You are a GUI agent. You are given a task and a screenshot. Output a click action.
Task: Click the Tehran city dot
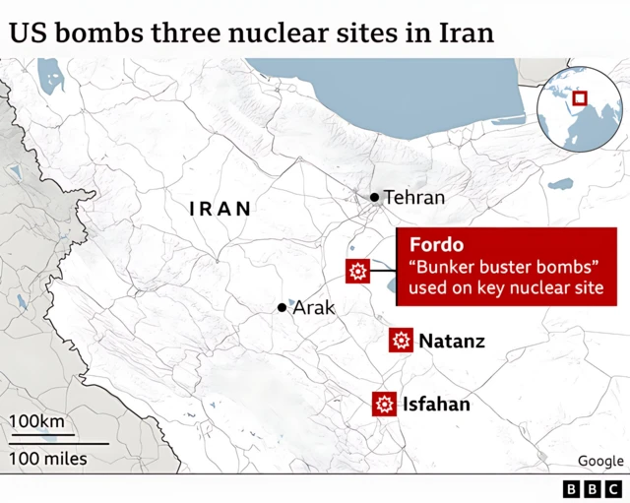[x=375, y=198]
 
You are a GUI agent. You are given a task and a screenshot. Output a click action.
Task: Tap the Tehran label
[x=413, y=198]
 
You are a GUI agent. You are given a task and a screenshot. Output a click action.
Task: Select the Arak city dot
[x=283, y=308]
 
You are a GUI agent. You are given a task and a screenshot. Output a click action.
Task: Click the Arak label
[x=314, y=308]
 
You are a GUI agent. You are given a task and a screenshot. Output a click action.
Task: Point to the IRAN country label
[x=220, y=209]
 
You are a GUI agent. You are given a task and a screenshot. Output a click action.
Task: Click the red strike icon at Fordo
[x=356, y=272]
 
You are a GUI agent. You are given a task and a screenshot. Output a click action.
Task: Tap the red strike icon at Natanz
[x=400, y=342]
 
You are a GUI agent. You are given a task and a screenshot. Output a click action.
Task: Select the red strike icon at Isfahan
[x=384, y=404]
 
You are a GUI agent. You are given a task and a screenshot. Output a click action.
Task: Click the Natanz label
[x=452, y=342]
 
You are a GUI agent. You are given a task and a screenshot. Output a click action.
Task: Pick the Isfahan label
[x=436, y=404]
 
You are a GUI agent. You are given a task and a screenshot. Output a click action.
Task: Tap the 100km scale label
[x=37, y=422]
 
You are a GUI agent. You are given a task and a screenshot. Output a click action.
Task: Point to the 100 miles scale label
[x=48, y=459]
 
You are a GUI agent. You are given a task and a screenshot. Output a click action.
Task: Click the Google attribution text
[x=600, y=461]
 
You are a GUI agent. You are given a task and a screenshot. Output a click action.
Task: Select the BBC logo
[x=593, y=488]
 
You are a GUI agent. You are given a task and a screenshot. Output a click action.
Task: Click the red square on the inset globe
[x=580, y=97]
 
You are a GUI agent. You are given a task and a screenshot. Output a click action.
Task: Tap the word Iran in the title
[x=465, y=32]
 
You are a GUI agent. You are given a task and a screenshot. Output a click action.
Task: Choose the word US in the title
[x=29, y=32]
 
